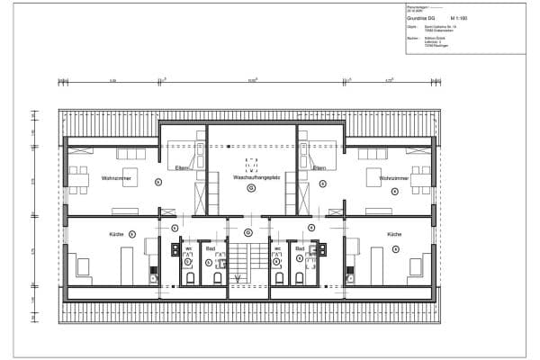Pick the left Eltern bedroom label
pos(183,167)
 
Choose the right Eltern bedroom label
pos(319,167)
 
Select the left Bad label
pos(209,247)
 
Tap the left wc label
pos(189,247)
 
